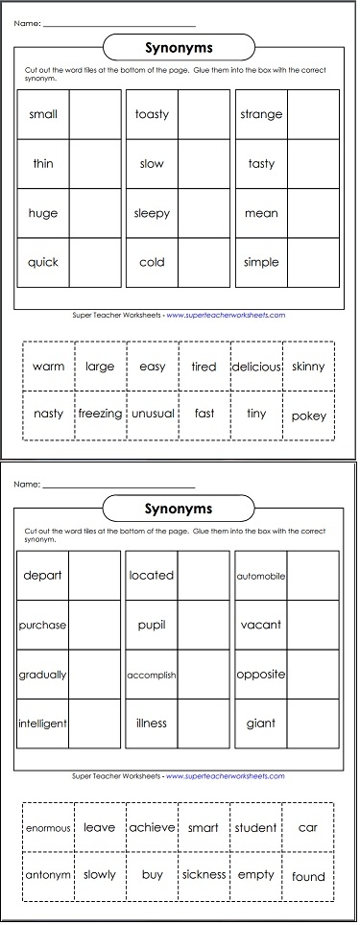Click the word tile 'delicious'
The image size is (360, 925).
(x=255, y=367)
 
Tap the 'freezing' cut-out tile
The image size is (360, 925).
(x=100, y=415)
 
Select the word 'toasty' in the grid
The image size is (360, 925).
(x=152, y=114)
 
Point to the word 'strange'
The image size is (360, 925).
(x=261, y=114)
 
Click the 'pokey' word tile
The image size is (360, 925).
(x=308, y=416)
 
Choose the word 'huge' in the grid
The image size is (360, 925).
(x=43, y=213)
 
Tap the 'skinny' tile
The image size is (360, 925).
(x=308, y=367)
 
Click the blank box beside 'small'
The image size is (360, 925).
(x=95, y=114)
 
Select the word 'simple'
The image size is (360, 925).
(x=261, y=262)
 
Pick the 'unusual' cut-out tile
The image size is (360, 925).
(x=152, y=415)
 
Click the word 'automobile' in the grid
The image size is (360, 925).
(x=261, y=576)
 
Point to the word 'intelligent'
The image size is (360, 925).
(x=43, y=723)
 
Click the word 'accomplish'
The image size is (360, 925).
(x=152, y=676)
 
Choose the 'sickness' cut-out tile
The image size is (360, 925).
(x=204, y=875)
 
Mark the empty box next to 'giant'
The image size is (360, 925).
(x=313, y=723)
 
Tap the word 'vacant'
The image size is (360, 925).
(x=261, y=625)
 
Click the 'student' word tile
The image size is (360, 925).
(x=255, y=828)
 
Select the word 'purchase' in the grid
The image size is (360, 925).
(x=43, y=625)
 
